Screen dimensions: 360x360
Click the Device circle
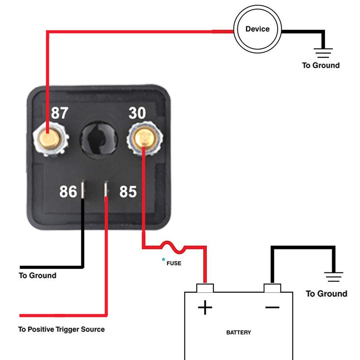coord(257,29)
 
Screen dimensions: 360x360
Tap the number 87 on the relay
coord(59,113)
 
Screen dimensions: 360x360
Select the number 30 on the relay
coord(137,113)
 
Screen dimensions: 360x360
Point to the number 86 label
coord(68,192)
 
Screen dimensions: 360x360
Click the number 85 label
coord(128,192)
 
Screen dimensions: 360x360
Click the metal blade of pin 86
coord(83,189)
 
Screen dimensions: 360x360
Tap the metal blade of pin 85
coord(106,189)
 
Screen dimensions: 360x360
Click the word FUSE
coord(174,263)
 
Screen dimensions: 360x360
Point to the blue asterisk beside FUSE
coord(163,260)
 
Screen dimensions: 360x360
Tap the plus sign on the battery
coord(205,308)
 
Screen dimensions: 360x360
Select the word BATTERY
coord(238,332)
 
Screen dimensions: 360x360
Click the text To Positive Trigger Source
coord(62,329)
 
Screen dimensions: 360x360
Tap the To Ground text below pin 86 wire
coord(38,276)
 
